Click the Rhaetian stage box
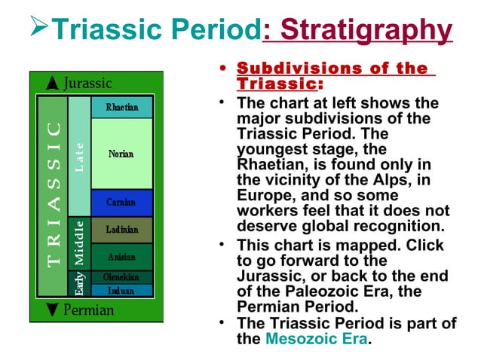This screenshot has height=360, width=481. [121, 107]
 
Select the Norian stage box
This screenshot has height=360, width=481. [121, 154]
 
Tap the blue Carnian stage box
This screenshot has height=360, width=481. [121, 202]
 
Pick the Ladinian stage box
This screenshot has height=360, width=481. [121, 229]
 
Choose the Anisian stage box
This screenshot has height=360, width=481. [121, 256]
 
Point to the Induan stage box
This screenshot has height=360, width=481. [121, 290]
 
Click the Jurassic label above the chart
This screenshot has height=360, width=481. [87, 83]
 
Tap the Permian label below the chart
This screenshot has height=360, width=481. [89, 310]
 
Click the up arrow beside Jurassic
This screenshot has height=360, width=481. [52, 83]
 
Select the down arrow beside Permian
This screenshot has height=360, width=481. [52, 310]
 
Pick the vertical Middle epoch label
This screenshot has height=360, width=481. [79, 243]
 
